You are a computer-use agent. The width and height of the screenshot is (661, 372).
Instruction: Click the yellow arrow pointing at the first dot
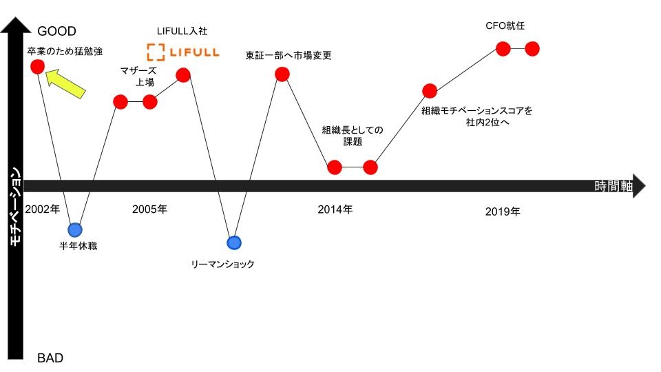tap(65, 84)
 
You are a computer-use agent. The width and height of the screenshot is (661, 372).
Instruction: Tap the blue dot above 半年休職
tap(75, 230)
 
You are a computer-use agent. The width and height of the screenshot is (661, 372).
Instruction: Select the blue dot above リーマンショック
tap(234, 243)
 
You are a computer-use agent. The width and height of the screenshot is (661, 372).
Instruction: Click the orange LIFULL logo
tap(183, 52)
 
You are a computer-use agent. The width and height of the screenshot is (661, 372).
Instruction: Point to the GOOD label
tap(57, 31)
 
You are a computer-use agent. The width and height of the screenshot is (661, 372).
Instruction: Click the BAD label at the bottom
tap(50, 358)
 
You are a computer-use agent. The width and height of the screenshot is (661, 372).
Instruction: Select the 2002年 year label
tap(43, 209)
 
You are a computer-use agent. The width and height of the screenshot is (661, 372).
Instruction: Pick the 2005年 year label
tap(149, 209)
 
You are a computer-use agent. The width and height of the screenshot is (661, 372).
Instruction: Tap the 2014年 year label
tap(335, 209)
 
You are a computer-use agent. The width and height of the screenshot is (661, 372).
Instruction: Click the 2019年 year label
tap(503, 211)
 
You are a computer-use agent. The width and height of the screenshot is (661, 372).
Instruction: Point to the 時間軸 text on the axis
tap(613, 186)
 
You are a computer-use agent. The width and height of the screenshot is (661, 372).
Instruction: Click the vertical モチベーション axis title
tap(15, 207)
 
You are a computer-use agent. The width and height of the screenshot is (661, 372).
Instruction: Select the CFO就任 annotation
tap(505, 25)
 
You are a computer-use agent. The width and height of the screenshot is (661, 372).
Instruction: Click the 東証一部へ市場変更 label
tap(288, 55)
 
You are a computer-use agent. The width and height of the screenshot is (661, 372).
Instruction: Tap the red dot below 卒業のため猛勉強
tap(37, 67)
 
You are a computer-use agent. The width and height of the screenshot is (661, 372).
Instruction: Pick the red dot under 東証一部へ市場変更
tap(282, 74)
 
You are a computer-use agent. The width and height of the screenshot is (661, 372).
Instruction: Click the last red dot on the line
tap(532, 49)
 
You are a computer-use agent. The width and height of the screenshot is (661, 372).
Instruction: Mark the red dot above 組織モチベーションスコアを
tap(430, 91)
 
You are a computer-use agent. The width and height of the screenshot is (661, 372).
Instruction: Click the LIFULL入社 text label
tap(182, 31)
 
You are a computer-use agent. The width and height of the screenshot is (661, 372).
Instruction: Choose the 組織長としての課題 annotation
tap(353, 136)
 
